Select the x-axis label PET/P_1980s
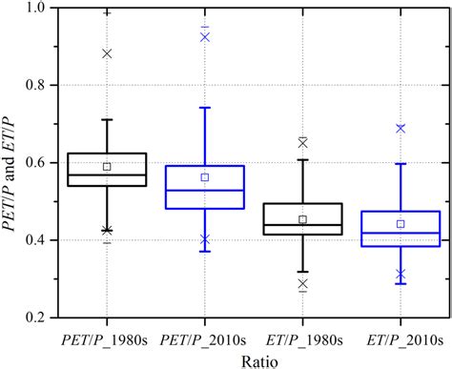click(x=107, y=338)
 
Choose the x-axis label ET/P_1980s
click(x=302, y=338)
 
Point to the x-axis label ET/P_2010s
click(x=401, y=338)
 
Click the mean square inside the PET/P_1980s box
click(x=107, y=166)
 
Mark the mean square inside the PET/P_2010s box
click(x=205, y=177)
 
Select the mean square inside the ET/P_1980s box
click(x=302, y=219)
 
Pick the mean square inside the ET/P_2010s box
click(x=401, y=224)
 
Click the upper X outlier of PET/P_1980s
click(x=107, y=53)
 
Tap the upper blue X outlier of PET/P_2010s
click(x=205, y=37)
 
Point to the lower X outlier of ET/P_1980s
click(x=302, y=283)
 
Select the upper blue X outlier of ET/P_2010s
click(x=401, y=128)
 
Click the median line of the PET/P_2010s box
click(x=205, y=190)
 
